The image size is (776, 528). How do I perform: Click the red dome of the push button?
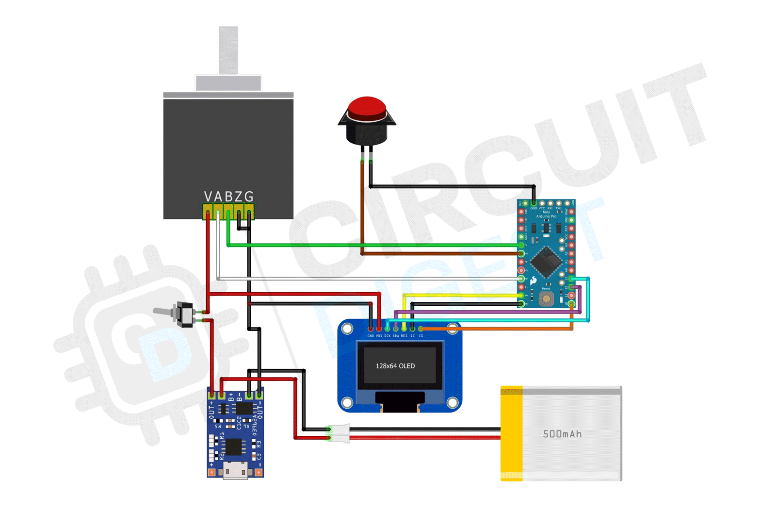click(367, 107)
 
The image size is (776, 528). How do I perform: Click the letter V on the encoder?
click(208, 197)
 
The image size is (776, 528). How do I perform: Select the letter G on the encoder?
click(249, 197)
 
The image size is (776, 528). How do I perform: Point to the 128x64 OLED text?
click(395, 366)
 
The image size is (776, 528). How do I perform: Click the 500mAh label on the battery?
click(562, 434)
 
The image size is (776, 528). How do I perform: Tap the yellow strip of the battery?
click(511, 433)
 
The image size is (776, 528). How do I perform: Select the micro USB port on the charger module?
click(235, 470)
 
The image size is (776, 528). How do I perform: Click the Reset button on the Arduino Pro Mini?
click(546, 298)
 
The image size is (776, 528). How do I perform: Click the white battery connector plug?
click(339, 433)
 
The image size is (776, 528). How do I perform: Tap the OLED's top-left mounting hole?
click(347, 329)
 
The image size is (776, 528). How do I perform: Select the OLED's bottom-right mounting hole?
click(452, 402)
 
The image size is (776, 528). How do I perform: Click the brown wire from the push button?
click(362, 209)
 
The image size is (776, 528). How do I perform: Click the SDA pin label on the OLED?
click(396, 336)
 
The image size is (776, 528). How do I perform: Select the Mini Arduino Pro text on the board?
click(546, 214)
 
